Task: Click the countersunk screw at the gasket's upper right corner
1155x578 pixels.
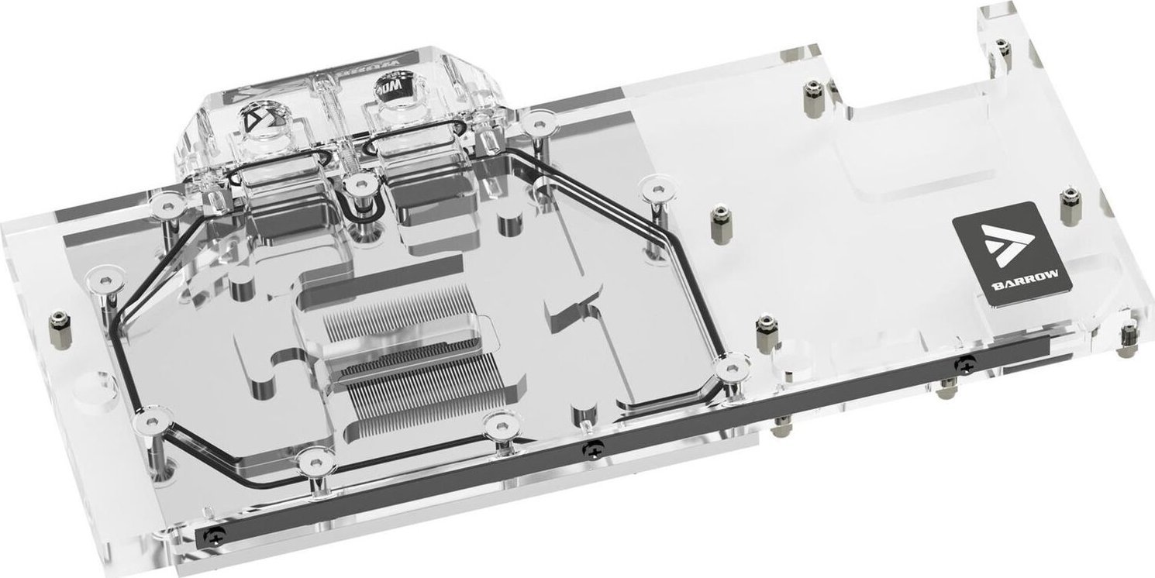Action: point(655,185)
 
